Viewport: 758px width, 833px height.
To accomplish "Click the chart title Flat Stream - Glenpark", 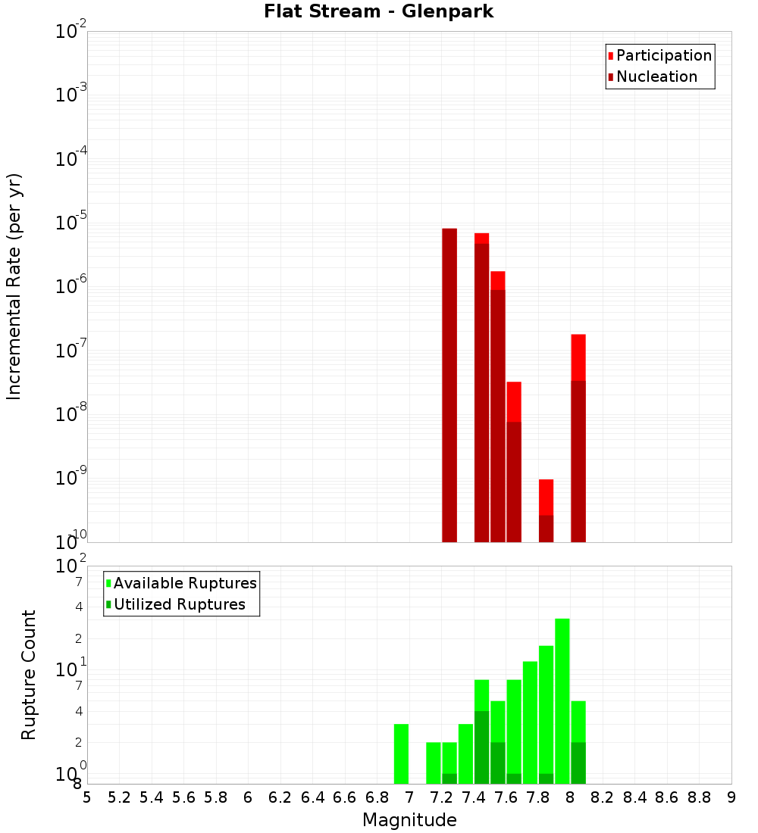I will [x=378, y=11].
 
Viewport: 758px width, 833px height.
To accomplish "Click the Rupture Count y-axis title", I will [x=29, y=675].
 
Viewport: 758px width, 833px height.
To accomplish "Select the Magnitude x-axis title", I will [x=409, y=820].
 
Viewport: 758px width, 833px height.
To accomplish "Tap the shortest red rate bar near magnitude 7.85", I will [x=546, y=497].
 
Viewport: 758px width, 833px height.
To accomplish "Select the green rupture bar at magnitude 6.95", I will [x=401, y=753].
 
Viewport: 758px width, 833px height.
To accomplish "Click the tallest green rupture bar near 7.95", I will [x=562, y=700].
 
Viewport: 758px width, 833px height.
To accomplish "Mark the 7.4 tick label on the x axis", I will [x=474, y=797].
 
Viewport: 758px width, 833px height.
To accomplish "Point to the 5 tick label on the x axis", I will [x=87, y=797].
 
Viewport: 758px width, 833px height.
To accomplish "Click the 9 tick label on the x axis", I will [x=731, y=797].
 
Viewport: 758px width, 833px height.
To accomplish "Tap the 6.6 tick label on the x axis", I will [x=345, y=797].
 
